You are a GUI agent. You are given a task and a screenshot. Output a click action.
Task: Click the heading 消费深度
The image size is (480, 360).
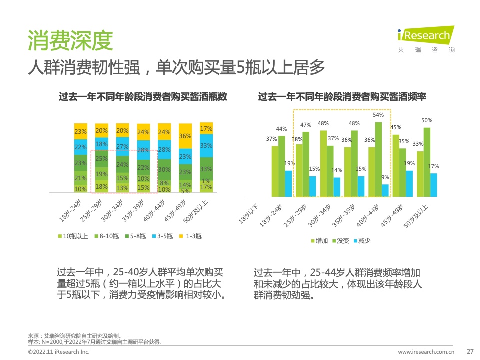70,41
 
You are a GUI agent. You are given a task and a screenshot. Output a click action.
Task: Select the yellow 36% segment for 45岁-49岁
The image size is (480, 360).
185,136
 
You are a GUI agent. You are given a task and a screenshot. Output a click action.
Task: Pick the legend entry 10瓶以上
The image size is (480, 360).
74,236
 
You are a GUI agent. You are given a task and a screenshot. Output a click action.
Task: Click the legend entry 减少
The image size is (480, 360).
361,241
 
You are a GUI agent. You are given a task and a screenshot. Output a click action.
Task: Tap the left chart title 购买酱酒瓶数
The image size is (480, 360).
143,97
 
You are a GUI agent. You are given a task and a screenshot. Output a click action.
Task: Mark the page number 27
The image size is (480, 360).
469,351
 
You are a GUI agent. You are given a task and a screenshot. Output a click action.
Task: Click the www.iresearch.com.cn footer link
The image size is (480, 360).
426,352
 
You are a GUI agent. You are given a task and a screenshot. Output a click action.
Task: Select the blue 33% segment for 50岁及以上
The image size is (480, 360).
206,146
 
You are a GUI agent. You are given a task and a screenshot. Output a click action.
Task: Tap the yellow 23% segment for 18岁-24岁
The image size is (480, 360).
81,132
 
